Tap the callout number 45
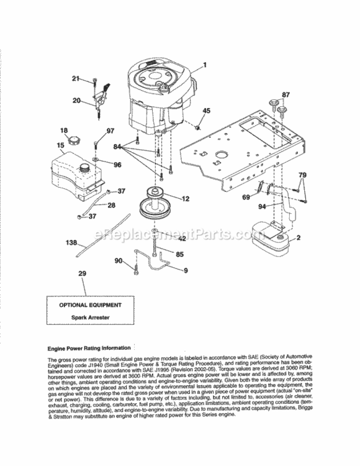point(207,111)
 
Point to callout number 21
point(76,78)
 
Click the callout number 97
point(110,130)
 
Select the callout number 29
point(83,273)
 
